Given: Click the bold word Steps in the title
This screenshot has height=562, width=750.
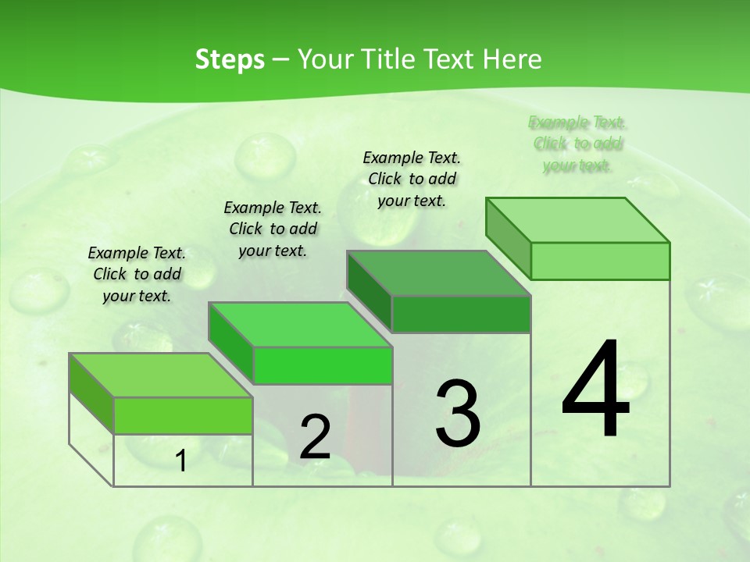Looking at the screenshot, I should coord(230,59).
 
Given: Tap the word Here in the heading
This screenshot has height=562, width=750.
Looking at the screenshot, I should coord(512,59).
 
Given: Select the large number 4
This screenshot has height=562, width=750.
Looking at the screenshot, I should coord(595,390).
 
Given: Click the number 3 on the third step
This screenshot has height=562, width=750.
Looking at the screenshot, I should coord(458,414).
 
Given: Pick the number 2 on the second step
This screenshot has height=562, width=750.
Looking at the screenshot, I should coord(315,438).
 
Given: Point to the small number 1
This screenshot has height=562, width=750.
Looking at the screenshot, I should coord(181,461).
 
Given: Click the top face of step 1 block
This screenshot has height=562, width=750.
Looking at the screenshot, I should coord(160,375).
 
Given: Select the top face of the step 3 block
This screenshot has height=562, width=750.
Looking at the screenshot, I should coord(438,273).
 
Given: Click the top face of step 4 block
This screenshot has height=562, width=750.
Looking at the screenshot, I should coord(577,219).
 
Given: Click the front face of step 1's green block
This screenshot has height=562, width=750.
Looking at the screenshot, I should coord(183,415).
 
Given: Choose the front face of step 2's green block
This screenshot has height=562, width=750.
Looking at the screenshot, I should coord(322,365).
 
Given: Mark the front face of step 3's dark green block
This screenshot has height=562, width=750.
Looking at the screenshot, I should coord(461,314).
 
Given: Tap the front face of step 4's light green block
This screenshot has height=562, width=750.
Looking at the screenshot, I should coord(600,261).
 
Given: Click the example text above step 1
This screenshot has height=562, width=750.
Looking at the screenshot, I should coord(137,274).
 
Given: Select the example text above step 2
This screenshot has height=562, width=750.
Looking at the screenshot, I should coord(273,229).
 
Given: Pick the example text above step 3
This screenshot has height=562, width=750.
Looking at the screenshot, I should coord(412,179).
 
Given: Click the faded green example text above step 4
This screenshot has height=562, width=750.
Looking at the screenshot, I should coord(577,144).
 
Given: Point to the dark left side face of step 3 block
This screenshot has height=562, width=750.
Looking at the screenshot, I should coord(369,290).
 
